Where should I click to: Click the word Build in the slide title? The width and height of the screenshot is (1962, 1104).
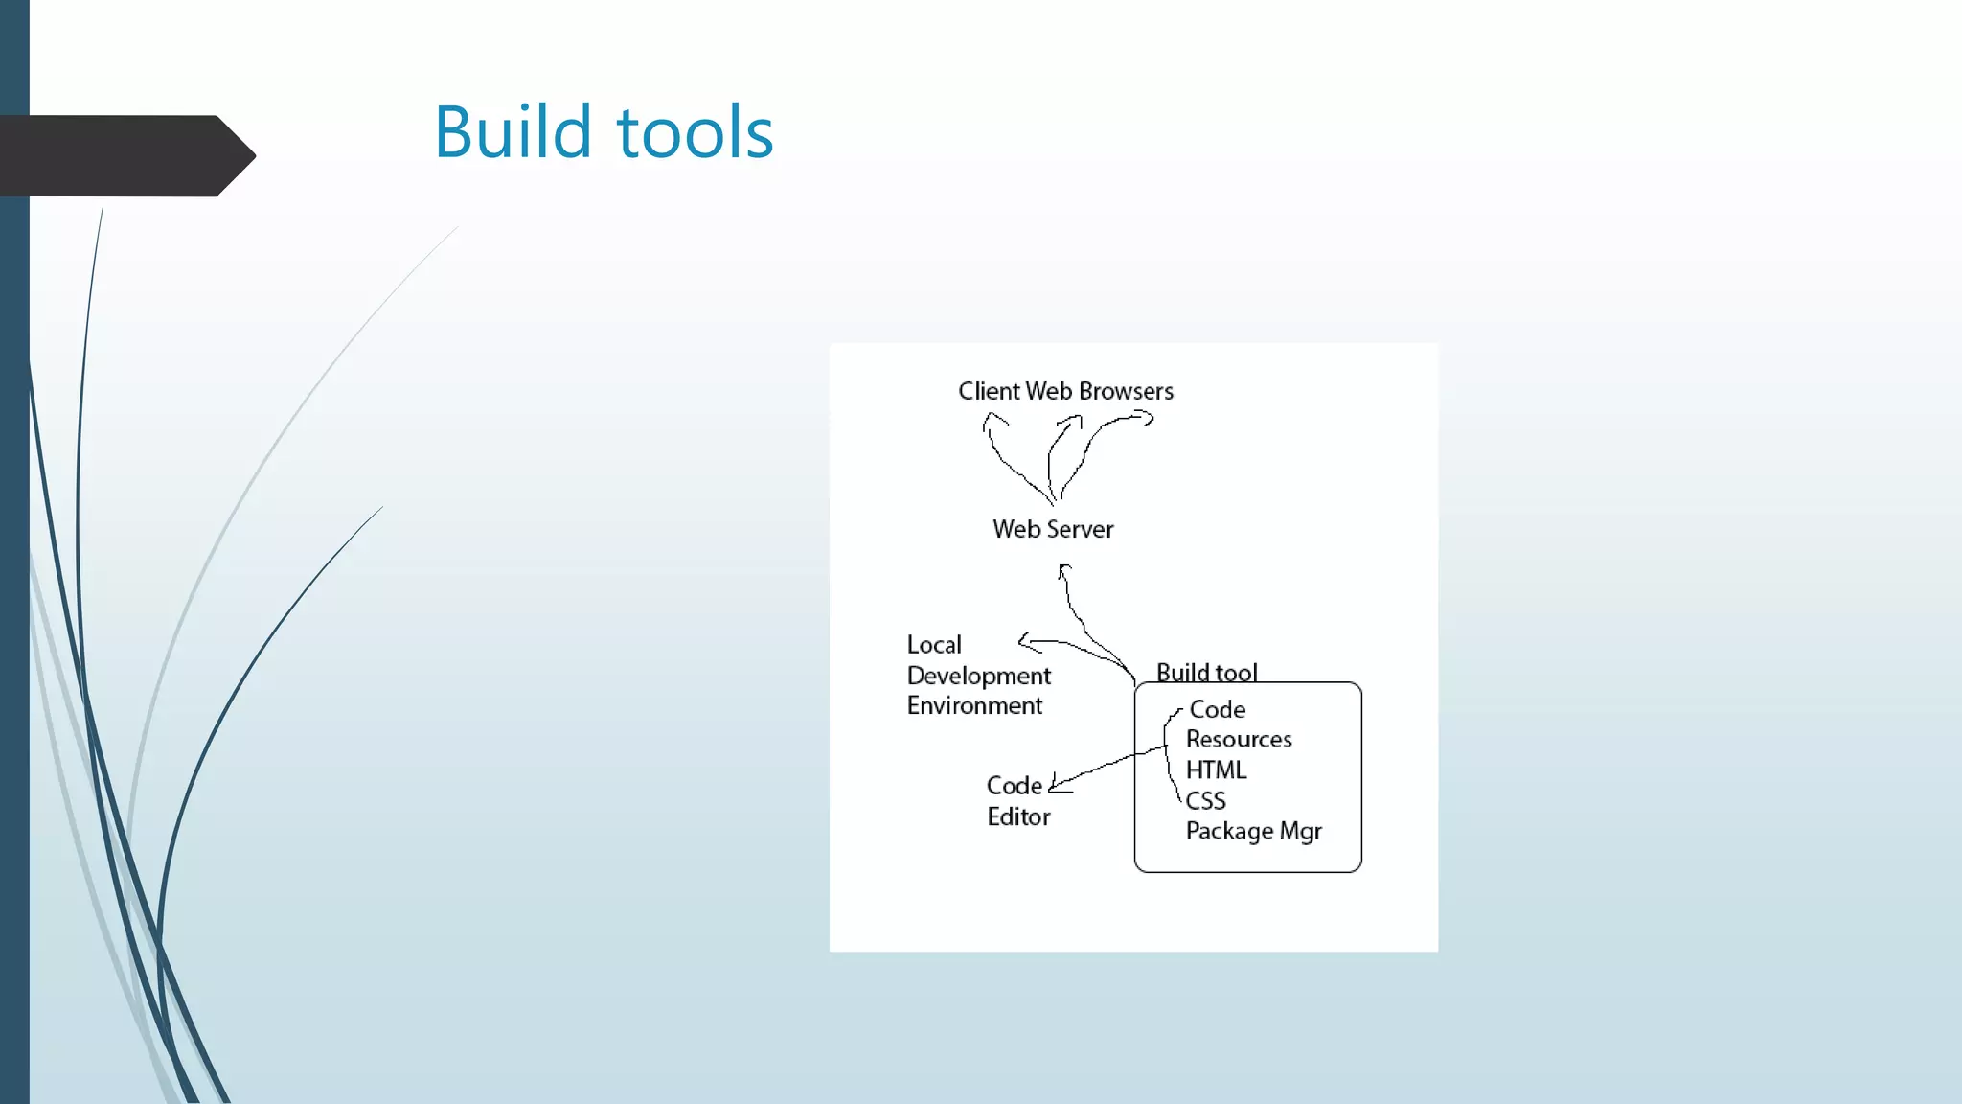click(513, 132)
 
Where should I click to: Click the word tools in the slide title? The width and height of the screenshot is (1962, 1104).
click(696, 132)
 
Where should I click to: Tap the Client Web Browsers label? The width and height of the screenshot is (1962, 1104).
click(1065, 391)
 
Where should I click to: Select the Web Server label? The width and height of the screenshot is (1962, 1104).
click(1053, 529)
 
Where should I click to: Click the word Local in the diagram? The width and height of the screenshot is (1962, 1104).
click(934, 645)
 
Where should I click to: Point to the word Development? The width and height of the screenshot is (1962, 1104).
click(978, 676)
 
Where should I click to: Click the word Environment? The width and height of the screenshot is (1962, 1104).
click(974, 705)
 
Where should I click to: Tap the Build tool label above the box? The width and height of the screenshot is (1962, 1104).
click(1206, 672)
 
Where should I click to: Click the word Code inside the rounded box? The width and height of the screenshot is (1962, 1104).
click(1218, 710)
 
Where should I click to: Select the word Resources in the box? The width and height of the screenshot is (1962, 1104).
click(1239, 740)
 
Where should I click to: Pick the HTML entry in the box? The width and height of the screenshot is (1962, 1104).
click(1216, 770)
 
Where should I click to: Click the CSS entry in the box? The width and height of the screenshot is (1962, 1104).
click(1205, 801)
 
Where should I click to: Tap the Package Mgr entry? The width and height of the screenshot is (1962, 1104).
click(1253, 831)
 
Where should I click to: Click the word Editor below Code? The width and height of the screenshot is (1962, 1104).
click(1018, 817)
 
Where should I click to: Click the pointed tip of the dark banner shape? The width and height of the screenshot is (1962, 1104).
click(253, 155)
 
